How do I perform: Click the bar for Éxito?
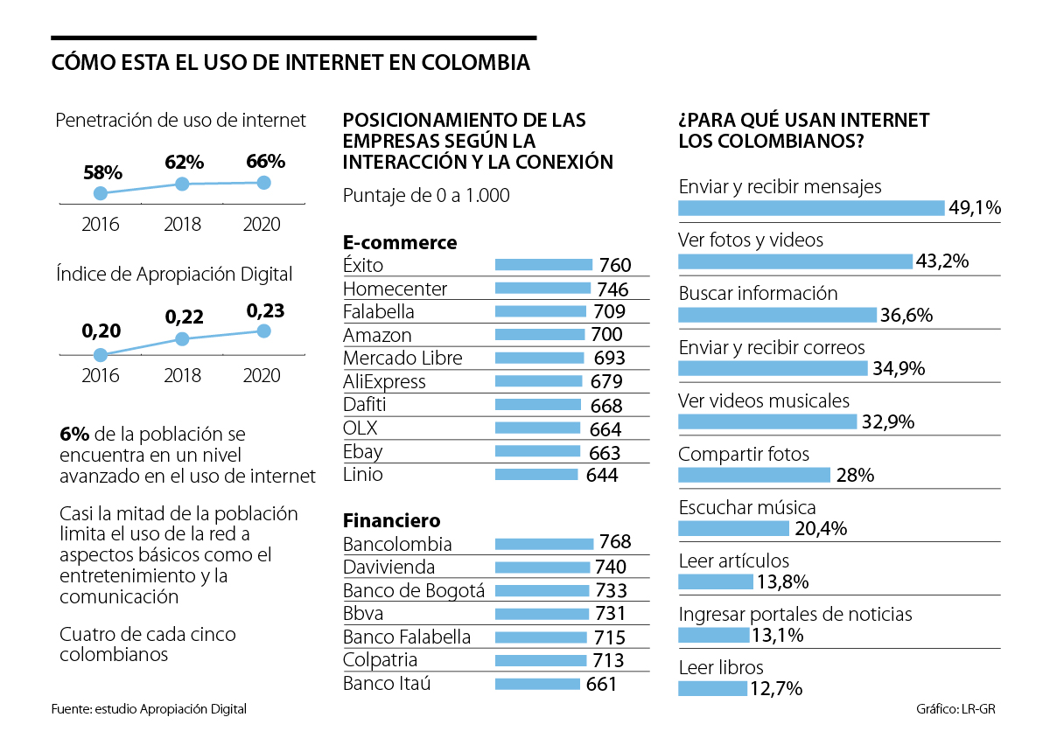click(x=543, y=264)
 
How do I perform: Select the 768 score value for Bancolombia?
click(x=614, y=542)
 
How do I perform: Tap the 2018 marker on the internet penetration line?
click(x=182, y=184)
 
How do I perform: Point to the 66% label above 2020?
click(x=265, y=161)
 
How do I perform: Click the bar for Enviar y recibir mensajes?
click(x=811, y=207)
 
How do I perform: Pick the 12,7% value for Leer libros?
click(x=776, y=689)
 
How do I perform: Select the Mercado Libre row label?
click(x=402, y=358)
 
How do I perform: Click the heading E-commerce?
click(x=400, y=242)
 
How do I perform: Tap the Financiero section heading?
click(x=392, y=521)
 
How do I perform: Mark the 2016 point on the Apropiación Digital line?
click(x=101, y=355)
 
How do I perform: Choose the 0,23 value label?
click(x=265, y=310)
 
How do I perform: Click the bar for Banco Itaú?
click(x=537, y=684)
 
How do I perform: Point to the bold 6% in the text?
click(x=73, y=435)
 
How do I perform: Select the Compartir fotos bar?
click(x=754, y=475)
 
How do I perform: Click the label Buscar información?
click(x=758, y=294)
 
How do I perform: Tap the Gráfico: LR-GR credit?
click(x=955, y=709)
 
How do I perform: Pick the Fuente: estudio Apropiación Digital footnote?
click(x=149, y=709)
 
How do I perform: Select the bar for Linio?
click(x=536, y=475)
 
